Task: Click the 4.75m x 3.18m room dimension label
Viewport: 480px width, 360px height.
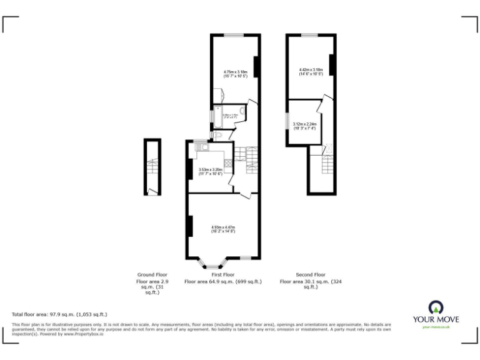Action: pos(236,74)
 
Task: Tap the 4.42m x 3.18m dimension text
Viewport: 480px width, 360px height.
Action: pos(311,72)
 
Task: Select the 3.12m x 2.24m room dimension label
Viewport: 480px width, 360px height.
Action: pos(304,126)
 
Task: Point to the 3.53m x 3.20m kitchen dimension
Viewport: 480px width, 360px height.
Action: pos(211,171)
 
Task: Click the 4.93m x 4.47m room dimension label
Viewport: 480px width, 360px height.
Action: pos(223,229)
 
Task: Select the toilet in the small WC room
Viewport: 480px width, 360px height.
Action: pos(217,134)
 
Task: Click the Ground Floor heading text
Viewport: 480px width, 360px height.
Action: pos(152,274)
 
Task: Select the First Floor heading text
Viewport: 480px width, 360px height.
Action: pos(223,274)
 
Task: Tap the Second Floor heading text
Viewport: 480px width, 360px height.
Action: pos(311,274)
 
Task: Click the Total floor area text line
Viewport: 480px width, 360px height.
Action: pos(60,314)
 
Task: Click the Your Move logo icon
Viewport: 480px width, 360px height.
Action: pos(435,307)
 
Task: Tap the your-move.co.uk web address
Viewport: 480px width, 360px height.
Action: pos(435,327)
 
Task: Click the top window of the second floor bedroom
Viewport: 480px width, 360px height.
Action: pos(309,36)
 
